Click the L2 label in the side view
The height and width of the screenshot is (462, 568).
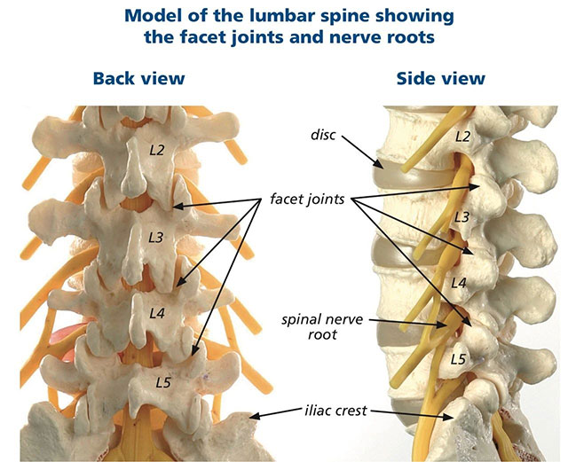click(x=461, y=137)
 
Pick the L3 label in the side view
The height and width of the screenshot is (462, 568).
click(x=460, y=217)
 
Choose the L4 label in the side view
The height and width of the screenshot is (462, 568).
click(x=458, y=282)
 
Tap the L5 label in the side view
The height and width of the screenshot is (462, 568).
click(x=458, y=359)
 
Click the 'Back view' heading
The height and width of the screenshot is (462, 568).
click(x=138, y=78)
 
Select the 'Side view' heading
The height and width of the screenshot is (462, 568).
click(x=440, y=78)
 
